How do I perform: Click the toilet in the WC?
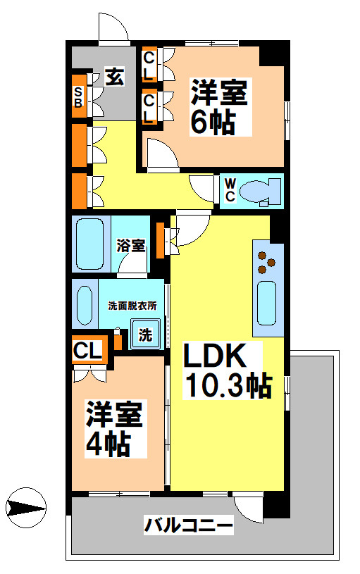(x=261, y=189)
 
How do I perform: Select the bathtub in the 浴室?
(x=89, y=244)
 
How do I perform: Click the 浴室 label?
(x=131, y=246)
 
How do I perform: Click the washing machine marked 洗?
(x=146, y=335)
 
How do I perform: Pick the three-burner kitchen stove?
(x=266, y=262)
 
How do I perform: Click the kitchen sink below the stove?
(x=267, y=303)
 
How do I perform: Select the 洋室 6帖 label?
(x=220, y=107)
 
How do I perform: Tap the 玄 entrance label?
(x=115, y=77)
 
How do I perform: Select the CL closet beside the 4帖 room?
(x=89, y=349)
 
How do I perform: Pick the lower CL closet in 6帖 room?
(x=149, y=108)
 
